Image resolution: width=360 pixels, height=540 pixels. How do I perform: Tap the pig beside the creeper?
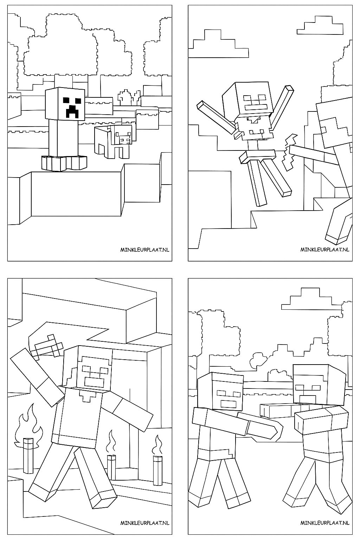[114, 141]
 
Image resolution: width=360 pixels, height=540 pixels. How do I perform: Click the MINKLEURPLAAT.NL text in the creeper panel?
[144, 249]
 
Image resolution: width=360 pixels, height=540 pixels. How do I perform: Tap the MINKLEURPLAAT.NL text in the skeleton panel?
[324, 249]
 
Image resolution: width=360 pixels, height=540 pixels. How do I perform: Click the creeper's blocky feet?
[63, 163]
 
